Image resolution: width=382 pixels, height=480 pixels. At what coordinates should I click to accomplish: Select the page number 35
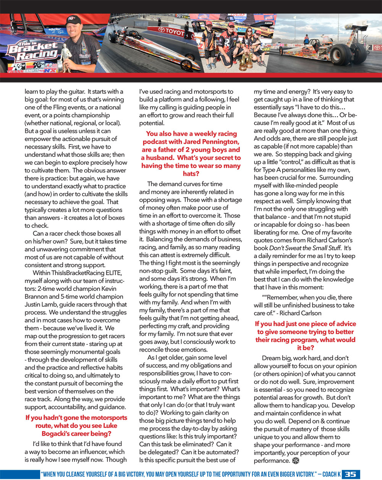coord(350,474)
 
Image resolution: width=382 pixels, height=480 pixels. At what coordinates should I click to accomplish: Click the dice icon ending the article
coord(295,461)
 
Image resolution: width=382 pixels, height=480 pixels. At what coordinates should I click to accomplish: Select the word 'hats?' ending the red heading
coord(191,174)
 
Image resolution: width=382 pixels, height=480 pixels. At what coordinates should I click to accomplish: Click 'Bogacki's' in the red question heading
coord(57,434)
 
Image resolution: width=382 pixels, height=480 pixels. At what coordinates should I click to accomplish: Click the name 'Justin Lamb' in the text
coord(42,305)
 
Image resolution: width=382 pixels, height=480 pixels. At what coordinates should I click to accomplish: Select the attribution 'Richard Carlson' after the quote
coord(301,313)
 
